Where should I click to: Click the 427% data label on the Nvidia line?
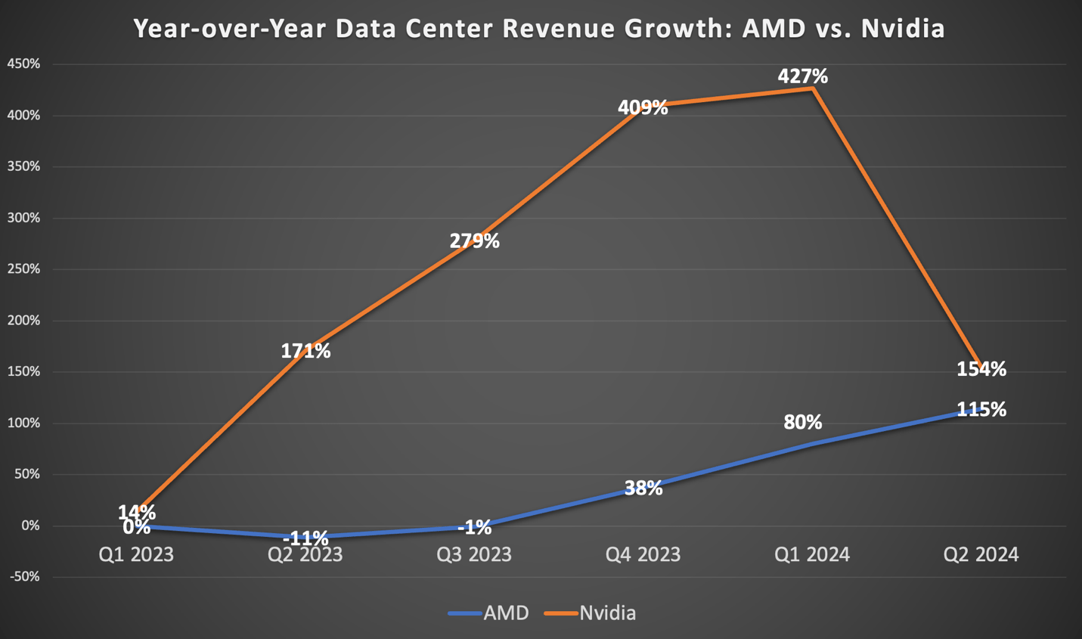tap(802, 76)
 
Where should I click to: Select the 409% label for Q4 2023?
tap(643, 107)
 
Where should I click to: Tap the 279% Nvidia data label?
tap(474, 241)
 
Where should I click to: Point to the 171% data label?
tap(305, 351)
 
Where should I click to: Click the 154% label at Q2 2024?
tap(981, 369)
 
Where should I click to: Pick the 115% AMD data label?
tap(981, 410)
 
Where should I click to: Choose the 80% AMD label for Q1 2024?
tap(802, 422)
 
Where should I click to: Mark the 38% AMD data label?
tap(643, 488)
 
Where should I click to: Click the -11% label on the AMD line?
tap(305, 539)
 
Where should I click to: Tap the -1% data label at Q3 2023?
tap(474, 527)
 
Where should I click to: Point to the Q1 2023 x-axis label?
tap(136, 555)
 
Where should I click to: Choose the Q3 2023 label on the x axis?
tap(474, 555)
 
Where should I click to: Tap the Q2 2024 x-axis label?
tap(981, 555)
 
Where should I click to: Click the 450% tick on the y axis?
tap(23, 64)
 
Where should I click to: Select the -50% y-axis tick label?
tap(23, 577)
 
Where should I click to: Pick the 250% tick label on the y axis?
tap(23, 269)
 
